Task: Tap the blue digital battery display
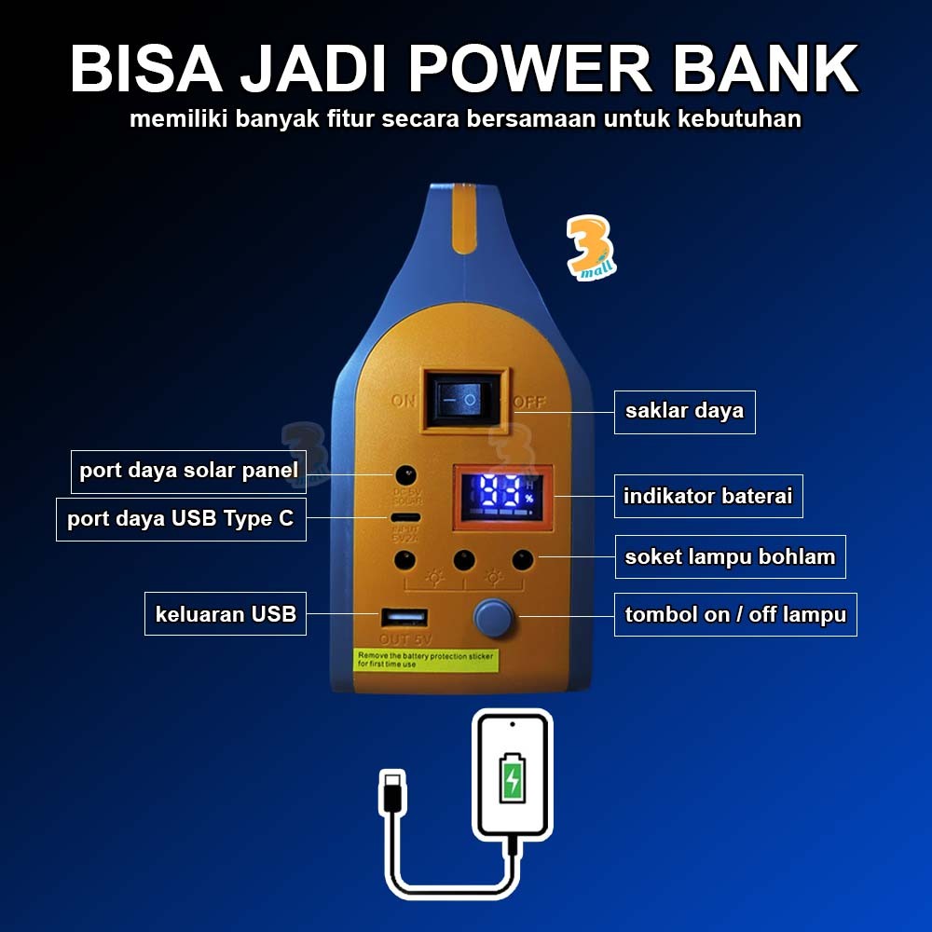coord(497,497)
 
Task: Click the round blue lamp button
coord(494,617)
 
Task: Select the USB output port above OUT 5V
coord(404,617)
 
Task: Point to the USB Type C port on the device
coord(405,517)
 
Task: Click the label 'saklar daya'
coord(684,411)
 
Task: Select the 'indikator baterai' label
coord(707,497)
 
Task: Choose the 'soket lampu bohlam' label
coord(730,557)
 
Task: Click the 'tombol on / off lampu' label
coord(734,615)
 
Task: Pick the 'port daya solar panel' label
coord(189,471)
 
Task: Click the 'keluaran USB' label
coord(226,613)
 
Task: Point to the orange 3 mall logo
coord(592,248)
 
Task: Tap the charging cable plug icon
coord(391,791)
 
